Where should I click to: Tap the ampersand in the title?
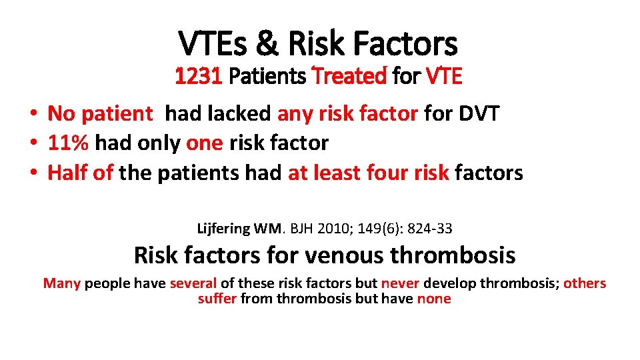pyautogui.click(x=267, y=43)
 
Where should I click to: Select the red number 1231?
pyautogui.click(x=198, y=77)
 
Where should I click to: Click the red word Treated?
pyautogui.click(x=349, y=77)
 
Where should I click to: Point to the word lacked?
pyautogui.click(x=240, y=114)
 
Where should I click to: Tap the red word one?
pyautogui.click(x=205, y=143)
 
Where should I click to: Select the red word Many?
pyautogui.click(x=61, y=283)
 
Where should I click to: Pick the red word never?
pyautogui.click(x=400, y=283)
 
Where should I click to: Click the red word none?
pyautogui.click(x=433, y=299)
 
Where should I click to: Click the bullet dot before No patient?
pyautogui.click(x=32, y=115)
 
